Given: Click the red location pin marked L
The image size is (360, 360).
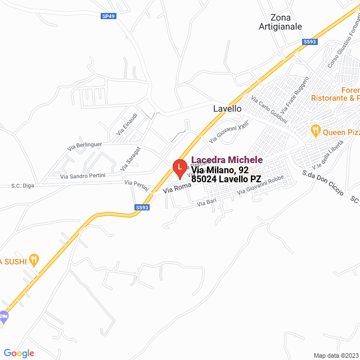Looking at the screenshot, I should [179, 167].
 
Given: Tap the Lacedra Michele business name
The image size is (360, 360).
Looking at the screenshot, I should [227, 160].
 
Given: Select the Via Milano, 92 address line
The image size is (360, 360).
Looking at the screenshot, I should [220, 170].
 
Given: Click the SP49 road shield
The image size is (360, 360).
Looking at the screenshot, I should [109, 16].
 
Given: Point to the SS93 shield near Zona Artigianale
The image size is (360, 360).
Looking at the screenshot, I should [309, 42].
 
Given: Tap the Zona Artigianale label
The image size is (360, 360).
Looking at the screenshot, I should [280, 22].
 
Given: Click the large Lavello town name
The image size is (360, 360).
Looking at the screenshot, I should [227, 109].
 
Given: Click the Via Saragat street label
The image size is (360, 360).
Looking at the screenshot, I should [130, 159].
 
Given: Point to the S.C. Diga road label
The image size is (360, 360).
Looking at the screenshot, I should [24, 185].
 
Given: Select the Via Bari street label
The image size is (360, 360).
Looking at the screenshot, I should [207, 203].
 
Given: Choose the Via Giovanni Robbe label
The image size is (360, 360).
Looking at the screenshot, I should [260, 187].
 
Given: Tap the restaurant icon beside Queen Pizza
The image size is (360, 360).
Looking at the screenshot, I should [316, 131].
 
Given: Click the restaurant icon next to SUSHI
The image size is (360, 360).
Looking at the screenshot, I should [34, 259].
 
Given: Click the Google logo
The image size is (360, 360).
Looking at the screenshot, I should [19, 353].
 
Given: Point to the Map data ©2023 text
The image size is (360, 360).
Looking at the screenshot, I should [335, 355].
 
